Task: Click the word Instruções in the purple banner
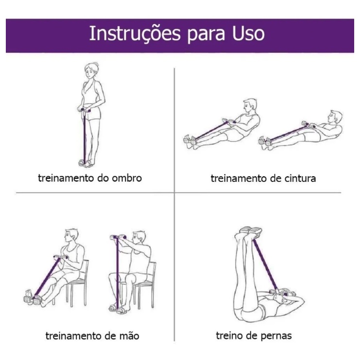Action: pyautogui.click(x=135, y=34)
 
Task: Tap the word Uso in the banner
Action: pyautogui.click(x=248, y=33)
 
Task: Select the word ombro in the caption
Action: pyautogui.click(x=127, y=178)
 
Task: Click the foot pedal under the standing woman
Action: pyautogui.click(x=84, y=163)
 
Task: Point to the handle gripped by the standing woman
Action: pyautogui.click(x=84, y=110)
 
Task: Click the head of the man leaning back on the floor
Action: pyautogui.click(x=335, y=117)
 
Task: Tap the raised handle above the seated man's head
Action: pyautogui.click(x=118, y=237)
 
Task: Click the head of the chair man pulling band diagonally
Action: pyautogui.click(x=72, y=236)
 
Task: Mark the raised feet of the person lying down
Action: pyautogui.click(x=250, y=231)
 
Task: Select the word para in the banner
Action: pyautogui.click(x=206, y=35)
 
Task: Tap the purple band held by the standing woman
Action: pyautogui.click(x=84, y=136)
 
